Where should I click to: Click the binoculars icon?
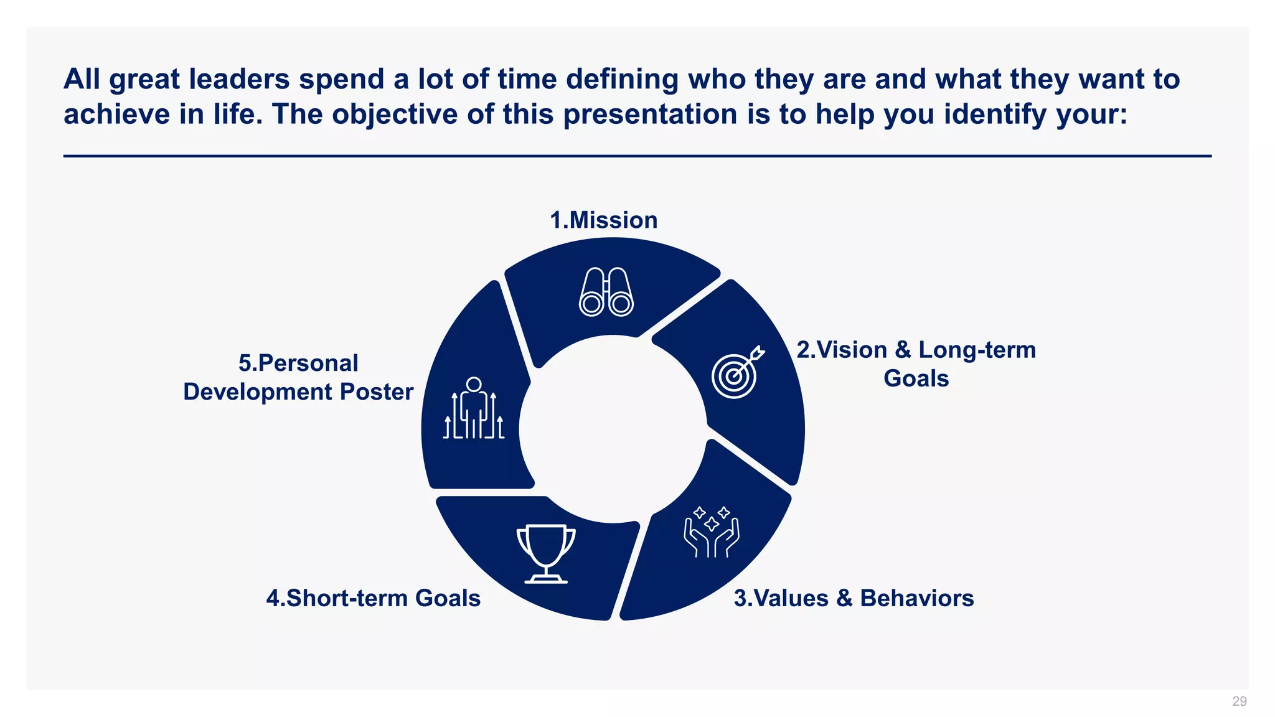(x=606, y=292)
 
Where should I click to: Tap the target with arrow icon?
(x=737, y=372)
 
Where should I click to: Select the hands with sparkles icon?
(x=712, y=532)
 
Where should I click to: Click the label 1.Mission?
(x=603, y=220)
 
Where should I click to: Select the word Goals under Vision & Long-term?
(x=916, y=378)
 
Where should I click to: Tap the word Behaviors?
(x=916, y=598)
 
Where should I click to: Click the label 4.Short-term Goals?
(x=373, y=598)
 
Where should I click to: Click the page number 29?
(x=1239, y=701)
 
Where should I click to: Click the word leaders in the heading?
(x=239, y=80)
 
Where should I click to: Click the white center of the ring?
(x=613, y=429)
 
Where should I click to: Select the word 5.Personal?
(x=298, y=363)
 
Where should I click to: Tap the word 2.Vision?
(x=841, y=350)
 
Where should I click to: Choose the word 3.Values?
(x=781, y=598)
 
